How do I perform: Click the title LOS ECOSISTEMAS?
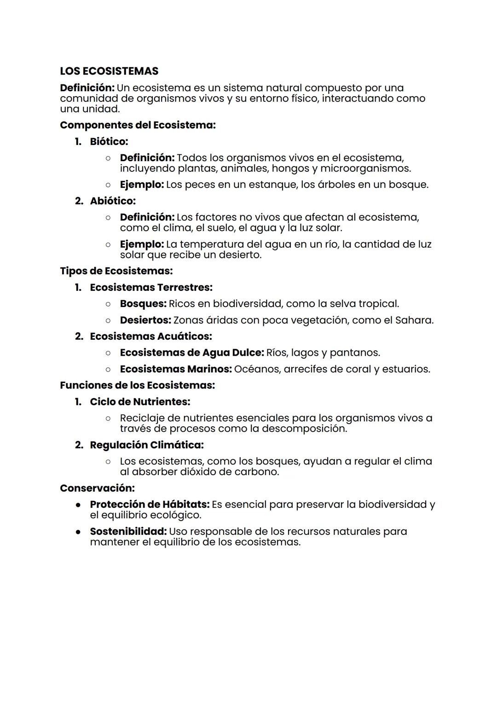[x=109, y=71]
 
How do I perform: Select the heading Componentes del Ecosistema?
[x=138, y=125]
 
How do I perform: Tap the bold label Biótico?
[x=109, y=141]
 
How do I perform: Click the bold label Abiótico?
[x=113, y=201]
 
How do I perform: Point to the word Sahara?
[x=414, y=320]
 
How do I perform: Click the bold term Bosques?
[x=143, y=304]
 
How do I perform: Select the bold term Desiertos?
[x=145, y=320]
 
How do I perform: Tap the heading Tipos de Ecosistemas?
[x=116, y=271]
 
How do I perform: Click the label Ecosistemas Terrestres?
[x=151, y=288]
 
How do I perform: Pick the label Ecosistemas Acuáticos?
[x=150, y=336]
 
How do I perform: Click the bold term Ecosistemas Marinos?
[x=176, y=369]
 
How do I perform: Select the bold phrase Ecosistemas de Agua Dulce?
[x=191, y=353]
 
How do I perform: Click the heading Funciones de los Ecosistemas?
[x=137, y=385]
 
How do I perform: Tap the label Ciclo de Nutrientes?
[x=140, y=402]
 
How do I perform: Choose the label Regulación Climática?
[x=146, y=445]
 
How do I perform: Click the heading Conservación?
[x=97, y=488]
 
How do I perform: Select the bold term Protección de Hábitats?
[x=150, y=505]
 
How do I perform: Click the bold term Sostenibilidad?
[x=128, y=532]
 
